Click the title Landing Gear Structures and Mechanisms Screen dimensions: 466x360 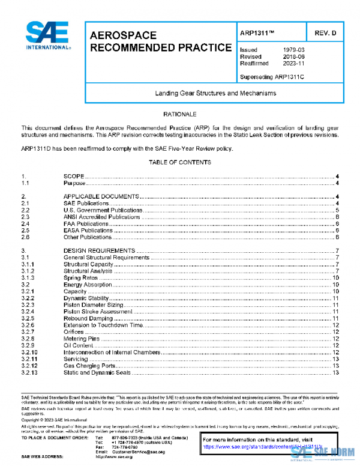pyautogui.click(x=215, y=94)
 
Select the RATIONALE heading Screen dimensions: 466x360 pyautogui.click(x=180, y=113)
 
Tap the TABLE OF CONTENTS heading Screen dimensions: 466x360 pyautogui.click(x=180, y=163)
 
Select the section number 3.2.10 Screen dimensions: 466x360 pyautogui.click(x=29, y=352)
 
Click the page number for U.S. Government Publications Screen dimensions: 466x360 pyautogui.click(x=338, y=210)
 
